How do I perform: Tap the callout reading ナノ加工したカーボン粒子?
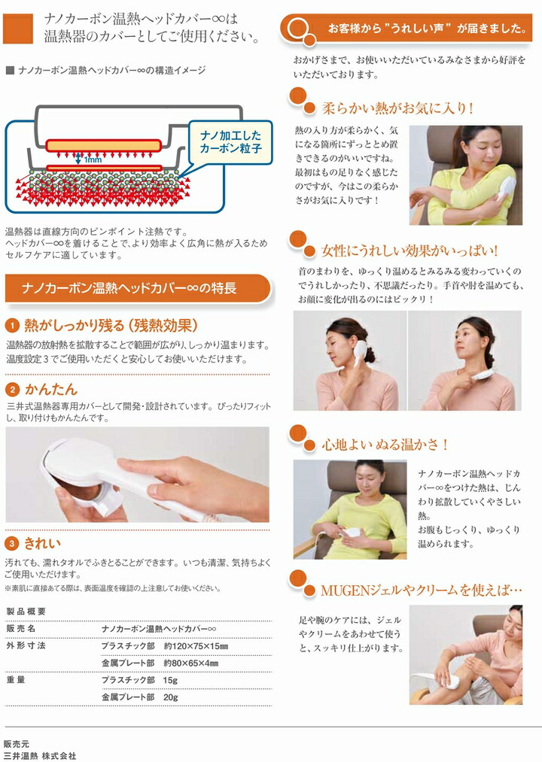coord(230,141)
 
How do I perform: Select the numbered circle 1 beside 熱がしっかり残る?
coord(12,326)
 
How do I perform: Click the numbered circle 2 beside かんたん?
coord(12,390)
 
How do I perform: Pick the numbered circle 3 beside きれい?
coord(12,543)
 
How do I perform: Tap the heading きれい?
coord(42,543)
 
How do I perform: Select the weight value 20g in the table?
coord(170,697)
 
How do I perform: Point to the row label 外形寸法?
coord(26,646)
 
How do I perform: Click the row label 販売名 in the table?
coord(21,627)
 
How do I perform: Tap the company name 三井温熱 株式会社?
coord(40,755)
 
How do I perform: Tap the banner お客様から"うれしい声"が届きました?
coord(425,29)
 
